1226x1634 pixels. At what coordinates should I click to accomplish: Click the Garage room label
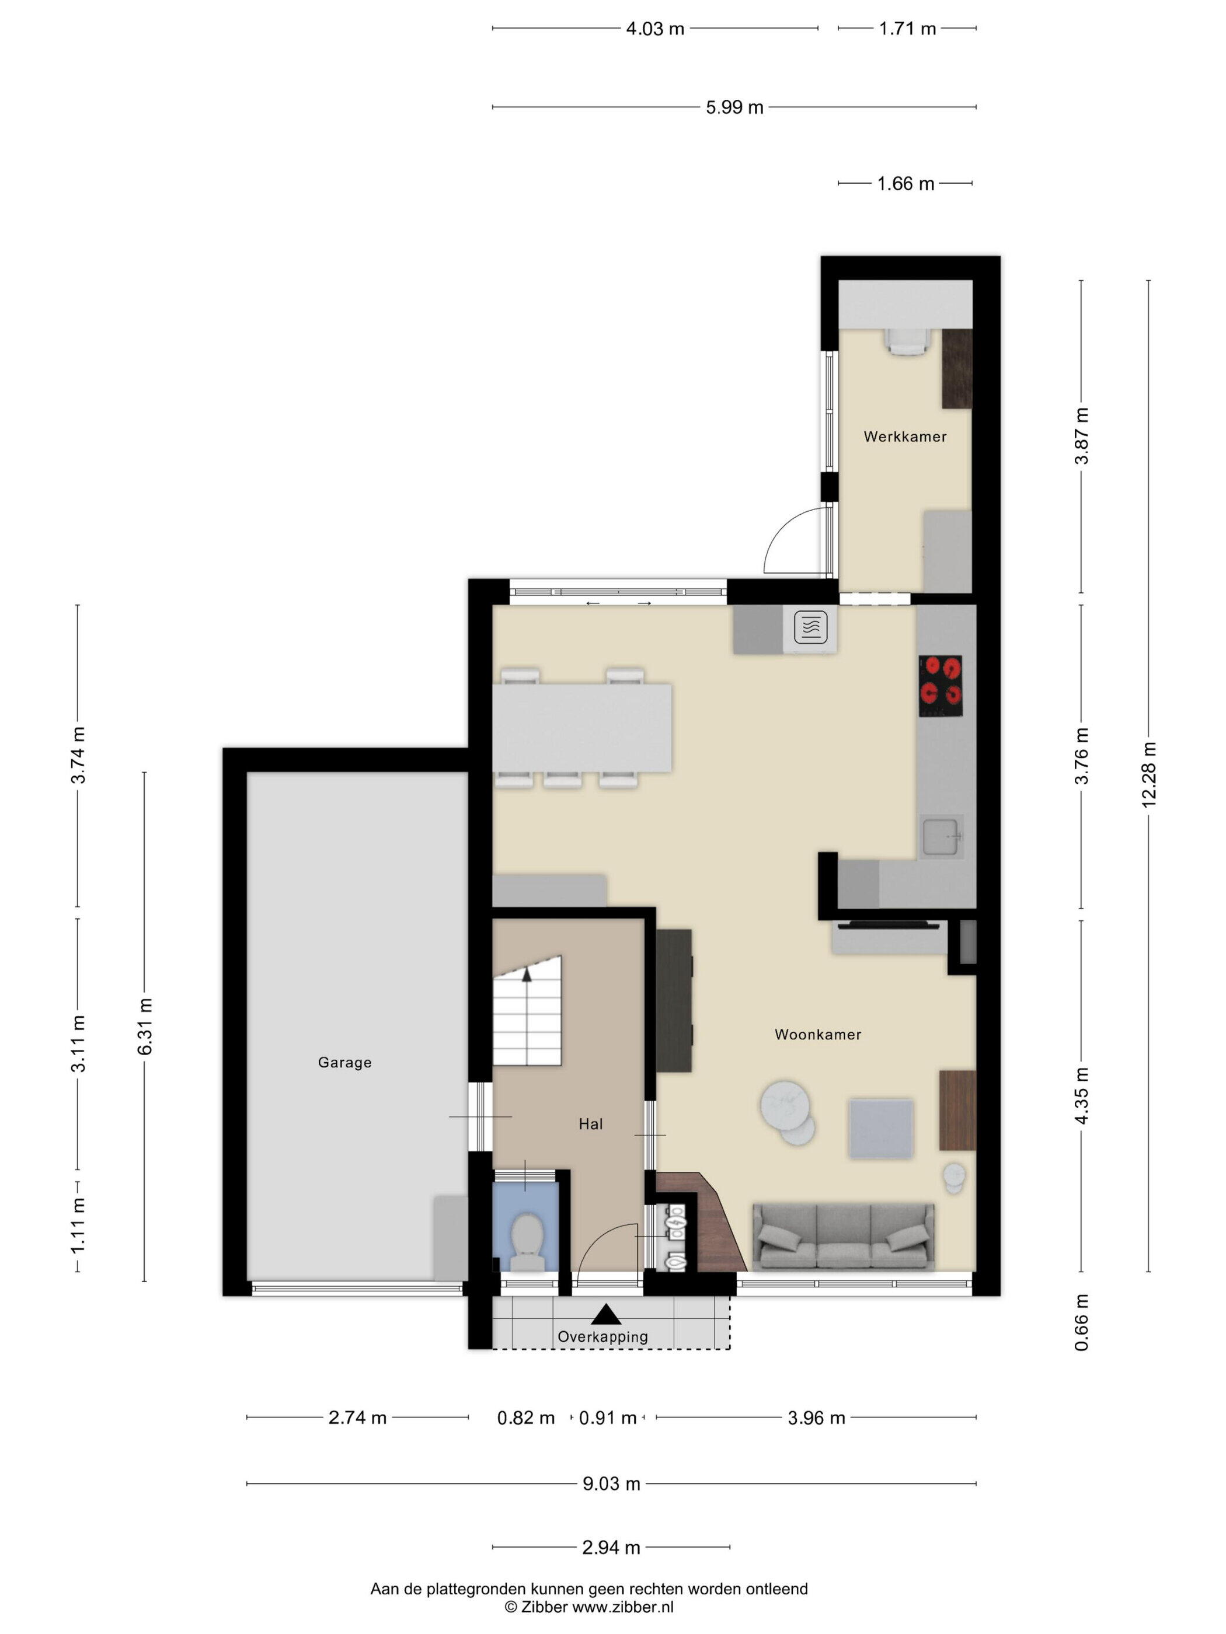click(x=344, y=1062)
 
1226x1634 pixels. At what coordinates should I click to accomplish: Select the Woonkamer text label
click(x=817, y=1035)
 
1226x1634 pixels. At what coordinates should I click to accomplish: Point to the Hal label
click(x=590, y=1125)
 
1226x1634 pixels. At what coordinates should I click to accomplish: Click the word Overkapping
click(x=602, y=1337)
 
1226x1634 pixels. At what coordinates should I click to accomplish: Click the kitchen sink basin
click(x=941, y=836)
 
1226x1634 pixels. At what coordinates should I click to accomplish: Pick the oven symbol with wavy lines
click(x=811, y=628)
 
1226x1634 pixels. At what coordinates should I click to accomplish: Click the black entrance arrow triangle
click(x=606, y=1314)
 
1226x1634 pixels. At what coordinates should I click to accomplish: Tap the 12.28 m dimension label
click(x=1149, y=775)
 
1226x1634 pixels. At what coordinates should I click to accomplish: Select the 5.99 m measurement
click(x=734, y=107)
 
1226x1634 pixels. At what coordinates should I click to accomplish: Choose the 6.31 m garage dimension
click(x=145, y=1026)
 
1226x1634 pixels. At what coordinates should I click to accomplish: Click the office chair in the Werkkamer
click(x=907, y=341)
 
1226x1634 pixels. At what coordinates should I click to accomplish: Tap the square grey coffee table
click(x=880, y=1128)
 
